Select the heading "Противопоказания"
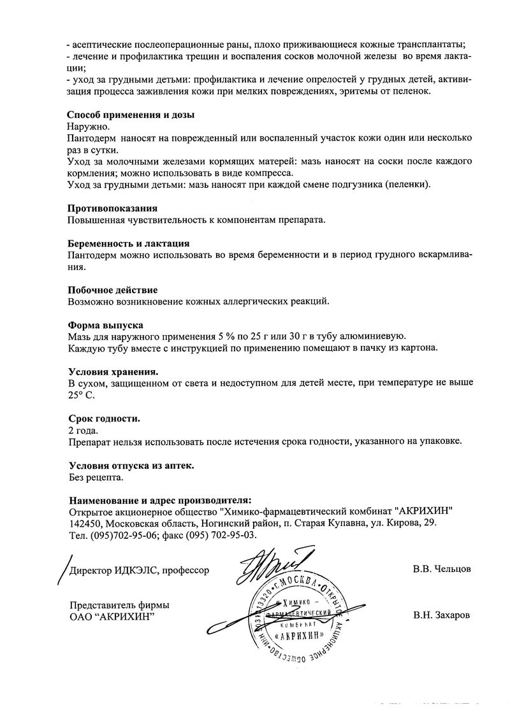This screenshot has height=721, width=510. pyautogui.click(x=112, y=208)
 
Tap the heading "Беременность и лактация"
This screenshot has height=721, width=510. pyautogui.click(x=128, y=243)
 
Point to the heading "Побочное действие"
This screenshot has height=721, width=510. pyautogui.click(x=112, y=290)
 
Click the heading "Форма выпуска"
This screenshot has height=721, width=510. pyautogui.click(x=105, y=325)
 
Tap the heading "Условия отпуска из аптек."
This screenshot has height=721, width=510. pyautogui.click(x=131, y=466)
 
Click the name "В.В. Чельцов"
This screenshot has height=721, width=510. pyautogui.click(x=441, y=569)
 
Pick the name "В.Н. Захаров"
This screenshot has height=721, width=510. pyautogui.click(x=442, y=616)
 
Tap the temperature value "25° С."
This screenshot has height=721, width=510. pyautogui.click(x=81, y=396)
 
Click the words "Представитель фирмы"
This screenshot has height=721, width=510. pyautogui.click(x=114, y=606)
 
